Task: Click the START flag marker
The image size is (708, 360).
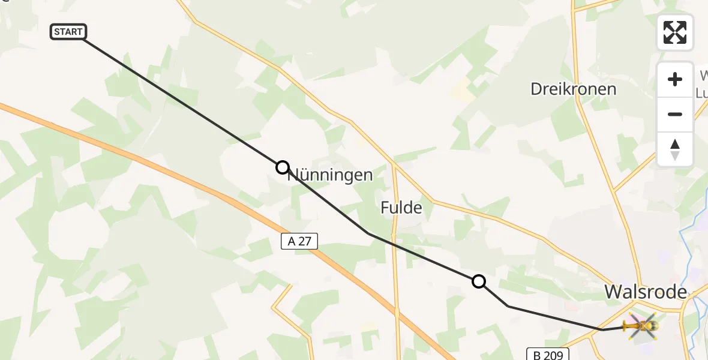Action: point(68,32)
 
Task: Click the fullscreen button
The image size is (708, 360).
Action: point(675,32)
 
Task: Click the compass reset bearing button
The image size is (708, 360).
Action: point(675,149)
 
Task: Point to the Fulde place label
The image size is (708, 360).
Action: point(401,208)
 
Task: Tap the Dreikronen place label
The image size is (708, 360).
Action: point(573,89)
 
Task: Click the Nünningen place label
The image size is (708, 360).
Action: point(331,175)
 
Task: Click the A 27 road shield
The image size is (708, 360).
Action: point(298,241)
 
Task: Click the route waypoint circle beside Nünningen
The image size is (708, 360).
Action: point(283,167)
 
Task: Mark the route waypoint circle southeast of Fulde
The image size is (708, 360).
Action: point(479,281)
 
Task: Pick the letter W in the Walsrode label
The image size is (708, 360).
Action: point(613,292)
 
